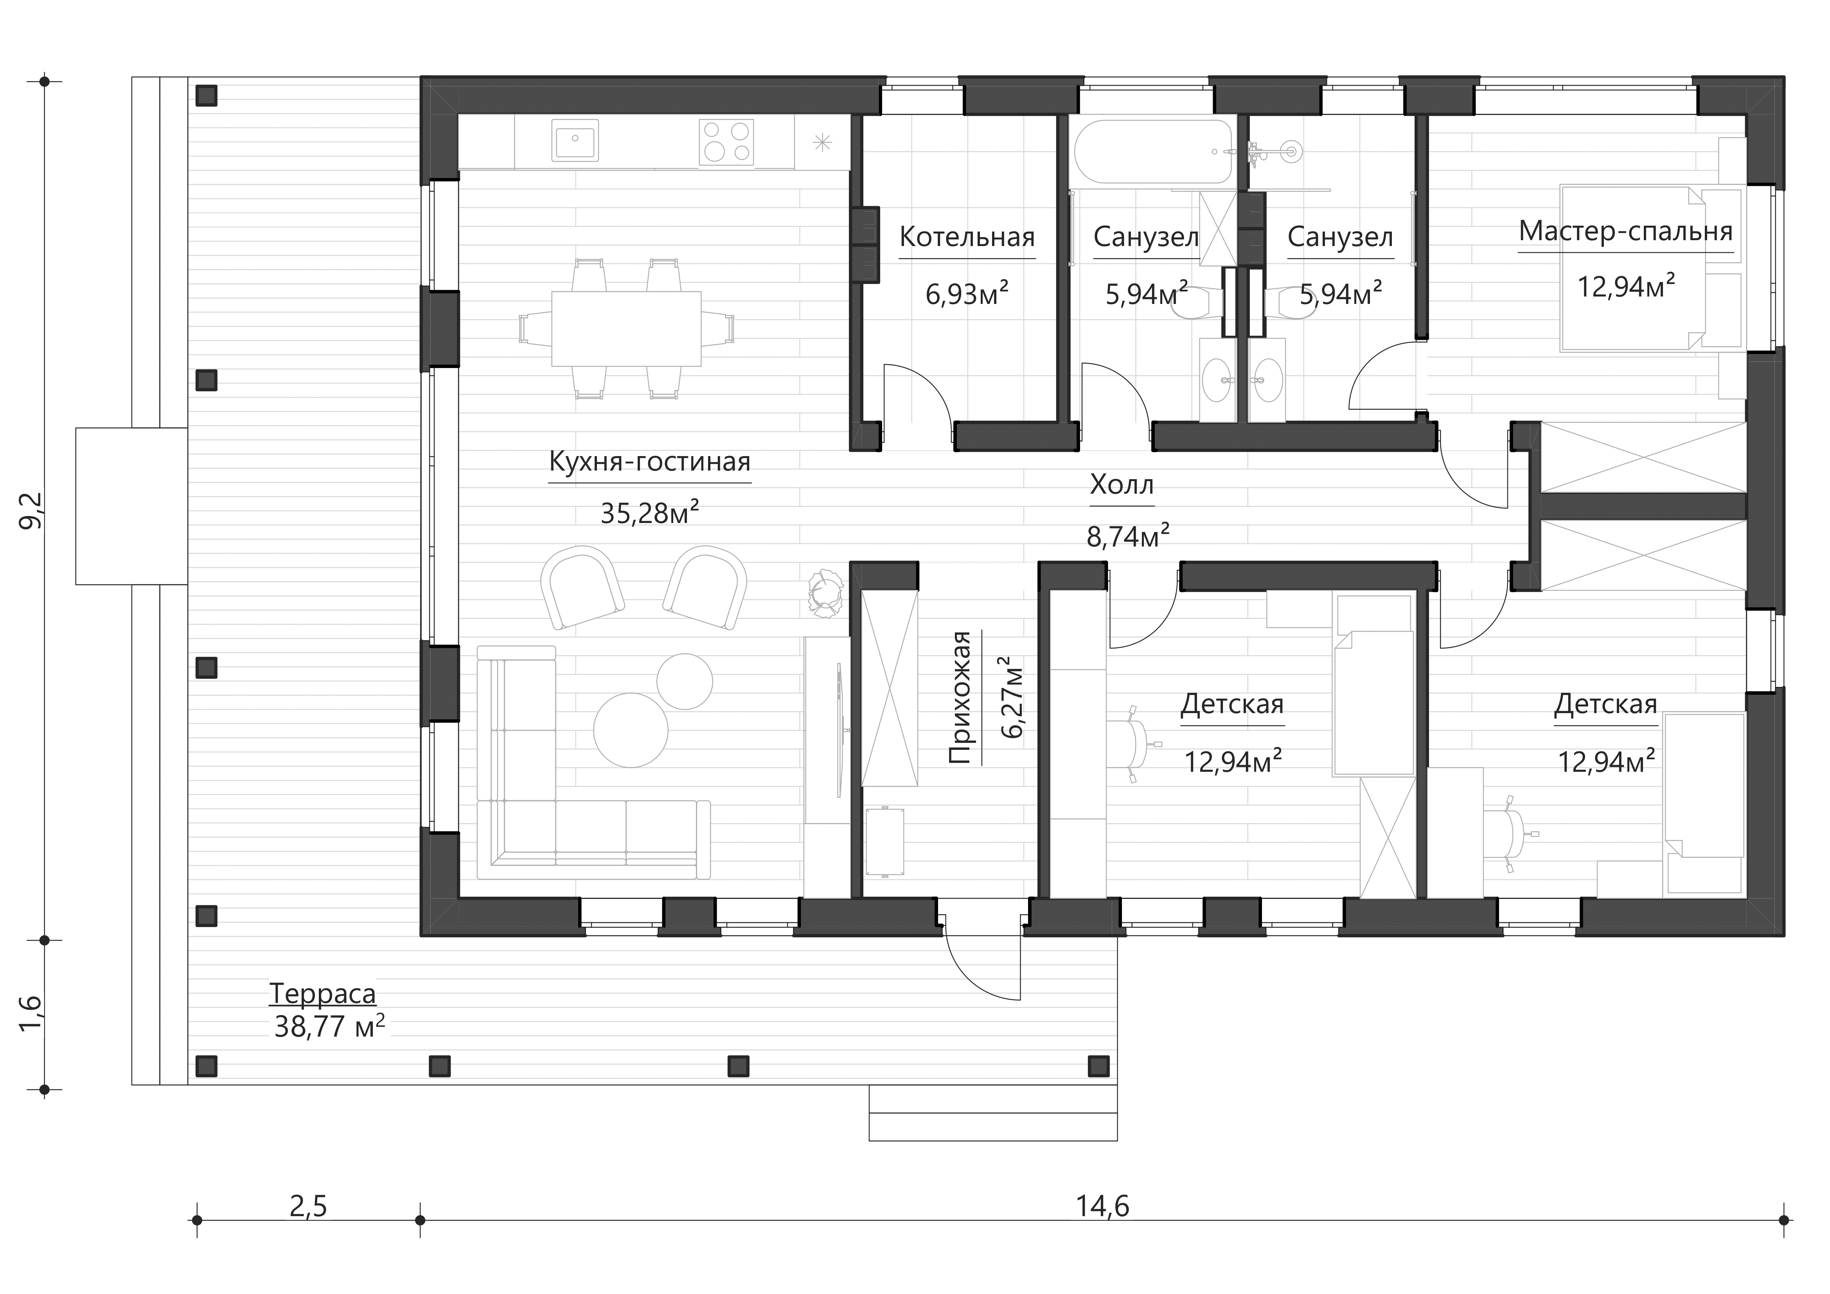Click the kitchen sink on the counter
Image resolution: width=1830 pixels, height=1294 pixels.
[x=574, y=141]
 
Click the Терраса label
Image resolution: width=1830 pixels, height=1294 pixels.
[x=322, y=994]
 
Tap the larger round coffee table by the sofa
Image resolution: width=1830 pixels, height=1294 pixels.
[x=631, y=730]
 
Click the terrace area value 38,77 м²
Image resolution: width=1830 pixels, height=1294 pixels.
[x=329, y=1026]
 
